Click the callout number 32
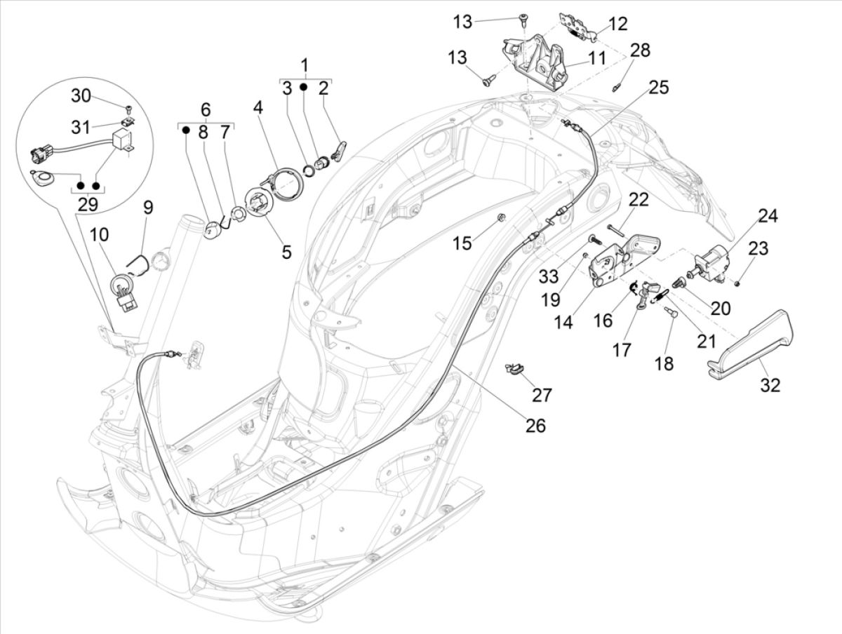(x=770, y=385)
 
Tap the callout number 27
(x=542, y=394)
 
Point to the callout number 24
(x=768, y=216)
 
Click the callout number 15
(x=462, y=243)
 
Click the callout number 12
(x=617, y=25)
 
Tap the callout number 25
(x=658, y=88)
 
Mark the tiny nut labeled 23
(x=737, y=283)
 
